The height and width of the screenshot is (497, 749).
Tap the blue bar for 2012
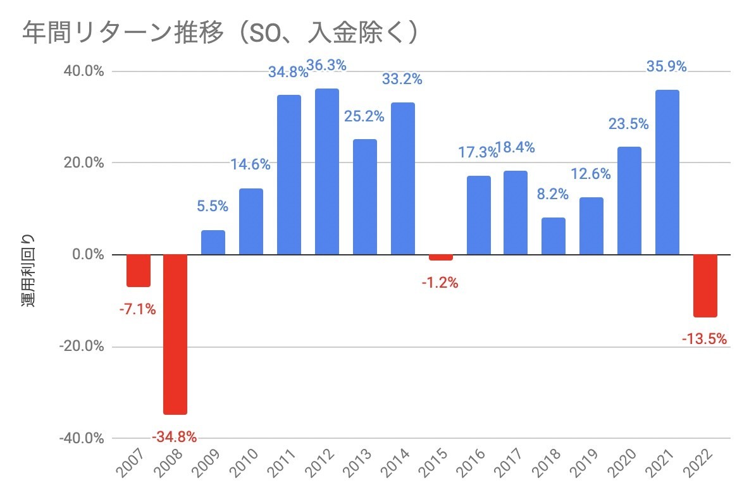(326, 171)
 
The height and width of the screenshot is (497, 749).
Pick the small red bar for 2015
(440, 257)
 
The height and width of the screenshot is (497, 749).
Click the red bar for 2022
(705, 285)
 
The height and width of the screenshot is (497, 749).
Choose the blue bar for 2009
(213, 242)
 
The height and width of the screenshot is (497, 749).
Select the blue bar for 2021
(667, 172)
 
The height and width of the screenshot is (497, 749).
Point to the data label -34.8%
(174, 436)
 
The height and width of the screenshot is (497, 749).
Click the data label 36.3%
(326, 66)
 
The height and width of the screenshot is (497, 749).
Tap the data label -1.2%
(440, 283)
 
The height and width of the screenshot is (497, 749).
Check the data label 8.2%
(554, 195)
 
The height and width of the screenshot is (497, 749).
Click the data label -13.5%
(704, 340)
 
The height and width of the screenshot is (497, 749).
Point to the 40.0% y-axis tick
(82, 71)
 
